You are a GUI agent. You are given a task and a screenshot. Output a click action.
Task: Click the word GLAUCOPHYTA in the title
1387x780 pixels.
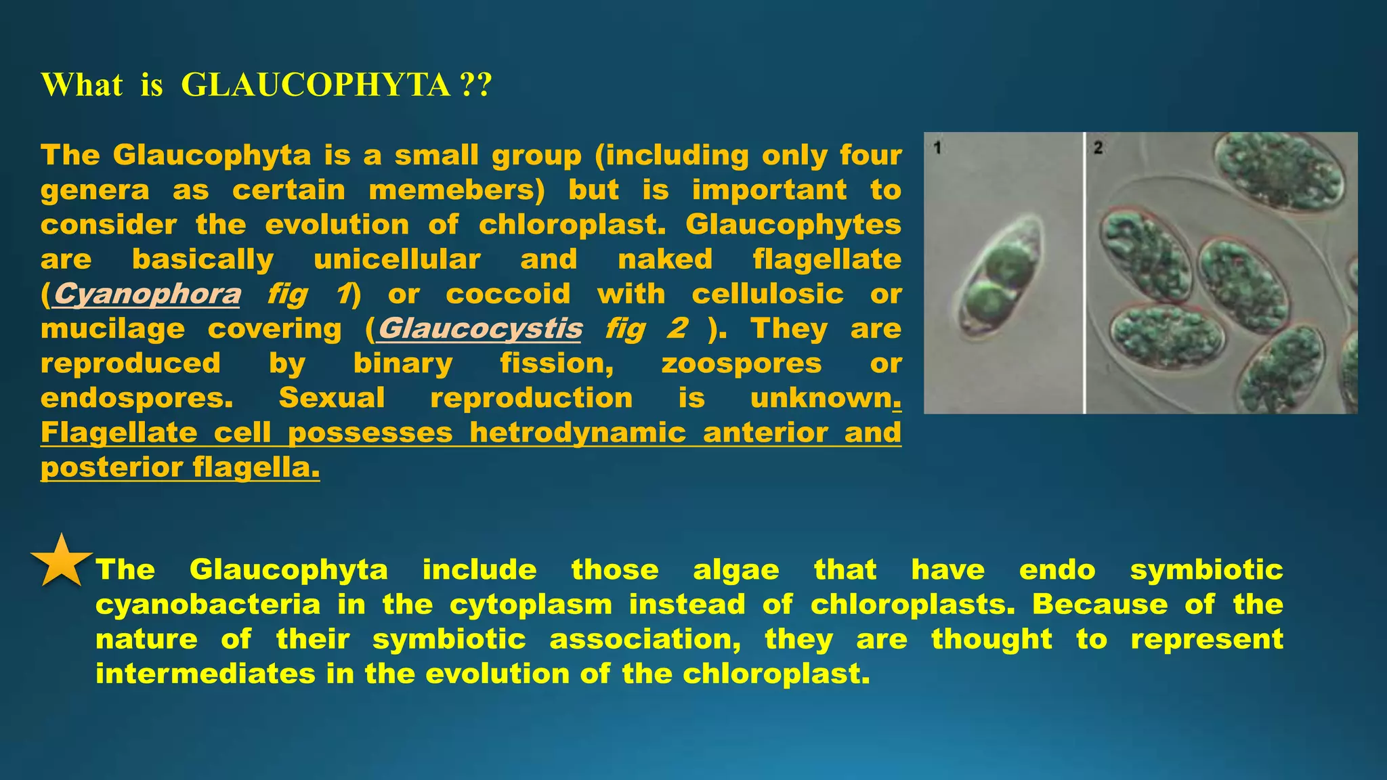point(315,85)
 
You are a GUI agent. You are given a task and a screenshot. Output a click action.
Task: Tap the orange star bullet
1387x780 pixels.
point(61,561)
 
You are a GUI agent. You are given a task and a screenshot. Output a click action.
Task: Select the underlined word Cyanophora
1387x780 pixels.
point(146,294)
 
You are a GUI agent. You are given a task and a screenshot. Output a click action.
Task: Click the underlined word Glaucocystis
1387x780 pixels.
point(480,328)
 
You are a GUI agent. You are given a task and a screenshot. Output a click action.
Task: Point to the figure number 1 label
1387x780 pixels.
point(937,148)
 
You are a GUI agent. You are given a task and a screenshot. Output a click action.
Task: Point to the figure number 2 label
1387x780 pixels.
point(1098,148)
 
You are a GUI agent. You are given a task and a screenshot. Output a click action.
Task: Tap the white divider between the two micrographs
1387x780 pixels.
point(1084,272)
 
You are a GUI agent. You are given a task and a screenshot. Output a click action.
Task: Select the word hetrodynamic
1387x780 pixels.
point(578,433)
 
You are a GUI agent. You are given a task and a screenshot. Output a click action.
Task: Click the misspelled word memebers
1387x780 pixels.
point(457,190)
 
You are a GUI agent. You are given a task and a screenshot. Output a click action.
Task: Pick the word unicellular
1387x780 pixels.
point(397,259)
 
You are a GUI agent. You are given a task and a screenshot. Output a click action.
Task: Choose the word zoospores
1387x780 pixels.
point(742,363)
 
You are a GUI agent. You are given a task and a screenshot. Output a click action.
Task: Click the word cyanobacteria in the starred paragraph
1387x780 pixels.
point(208,604)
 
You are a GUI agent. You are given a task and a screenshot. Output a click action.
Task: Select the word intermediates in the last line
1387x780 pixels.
point(205,674)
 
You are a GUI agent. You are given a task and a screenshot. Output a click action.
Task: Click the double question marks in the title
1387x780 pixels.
point(475,85)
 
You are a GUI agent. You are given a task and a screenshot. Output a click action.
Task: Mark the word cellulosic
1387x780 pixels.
point(767,294)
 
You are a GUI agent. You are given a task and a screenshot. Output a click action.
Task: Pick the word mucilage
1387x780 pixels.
point(112,328)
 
